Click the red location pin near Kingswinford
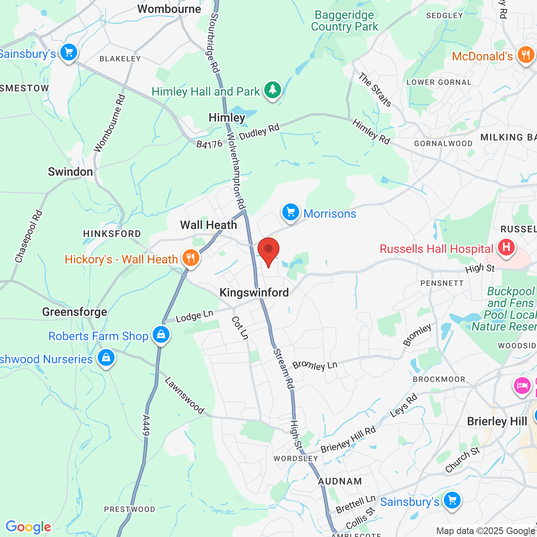tap(268, 250)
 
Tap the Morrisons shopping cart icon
tap(290, 212)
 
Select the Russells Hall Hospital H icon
tap(506, 247)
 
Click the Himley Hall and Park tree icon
tap(273, 90)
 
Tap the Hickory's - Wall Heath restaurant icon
tap(190, 258)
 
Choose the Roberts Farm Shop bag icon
tap(161, 335)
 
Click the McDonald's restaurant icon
tap(526, 55)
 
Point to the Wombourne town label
tap(169, 9)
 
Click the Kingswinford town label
tap(254, 292)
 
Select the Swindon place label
tap(70, 172)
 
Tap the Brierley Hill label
tap(497, 421)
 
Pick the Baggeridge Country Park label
tap(344, 21)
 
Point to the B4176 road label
tap(209, 144)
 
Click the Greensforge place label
tap(75, 312)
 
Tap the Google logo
tap(28, 527)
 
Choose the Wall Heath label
tap(209, 225)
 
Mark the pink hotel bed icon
tap(522, 385)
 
